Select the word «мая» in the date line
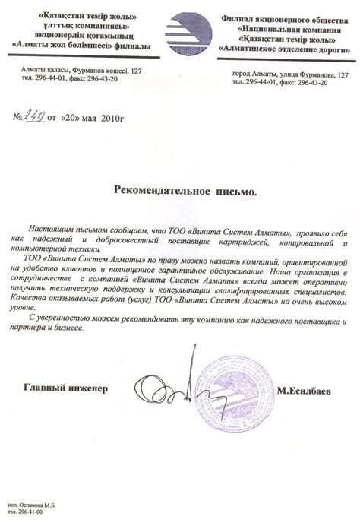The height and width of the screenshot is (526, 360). [x=87, y=119]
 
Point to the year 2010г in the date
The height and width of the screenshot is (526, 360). [x=112, y=119]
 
